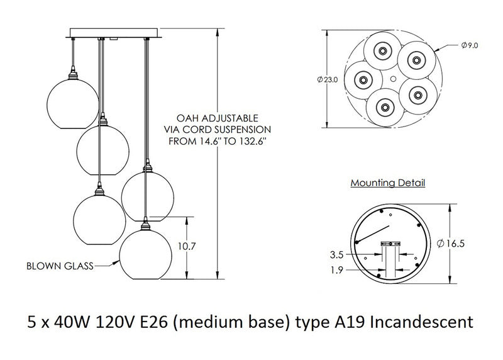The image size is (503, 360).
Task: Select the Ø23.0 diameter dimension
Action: pos(328,79)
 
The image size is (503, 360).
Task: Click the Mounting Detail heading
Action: pos(387,184)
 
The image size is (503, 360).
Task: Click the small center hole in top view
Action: pos(394,79)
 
